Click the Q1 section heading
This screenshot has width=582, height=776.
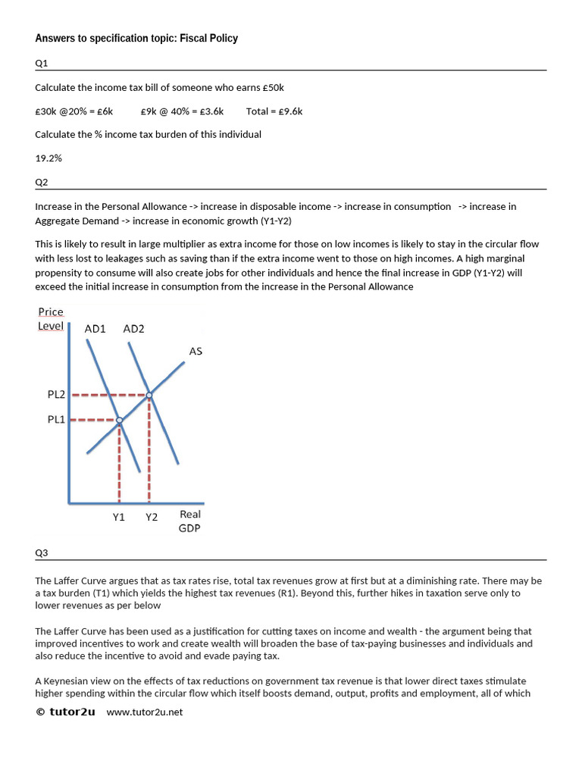click(41, 64)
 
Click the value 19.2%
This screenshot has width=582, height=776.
click(48, 158)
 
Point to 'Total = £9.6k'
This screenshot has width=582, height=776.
click(274, 111)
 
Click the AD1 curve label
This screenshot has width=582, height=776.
click(95, 329)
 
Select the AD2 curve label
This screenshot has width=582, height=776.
click(133, 329)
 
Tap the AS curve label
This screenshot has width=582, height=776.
click(196, 351)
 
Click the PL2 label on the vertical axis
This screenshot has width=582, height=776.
click(57, 395)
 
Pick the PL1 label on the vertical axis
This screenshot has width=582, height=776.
click(57, 419)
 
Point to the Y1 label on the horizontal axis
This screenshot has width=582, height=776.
click(118, 517)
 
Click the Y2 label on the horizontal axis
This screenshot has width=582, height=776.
click(152, 517)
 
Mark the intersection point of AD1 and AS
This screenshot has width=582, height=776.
click(119, 420)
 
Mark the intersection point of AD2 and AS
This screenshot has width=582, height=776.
click(149, 395)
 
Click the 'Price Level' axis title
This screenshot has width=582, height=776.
click(51, 319)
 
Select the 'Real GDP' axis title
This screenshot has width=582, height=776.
click(189, 521)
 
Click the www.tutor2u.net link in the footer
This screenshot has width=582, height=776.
click(145, 712)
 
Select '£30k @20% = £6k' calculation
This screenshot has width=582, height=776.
click(74, 111)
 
